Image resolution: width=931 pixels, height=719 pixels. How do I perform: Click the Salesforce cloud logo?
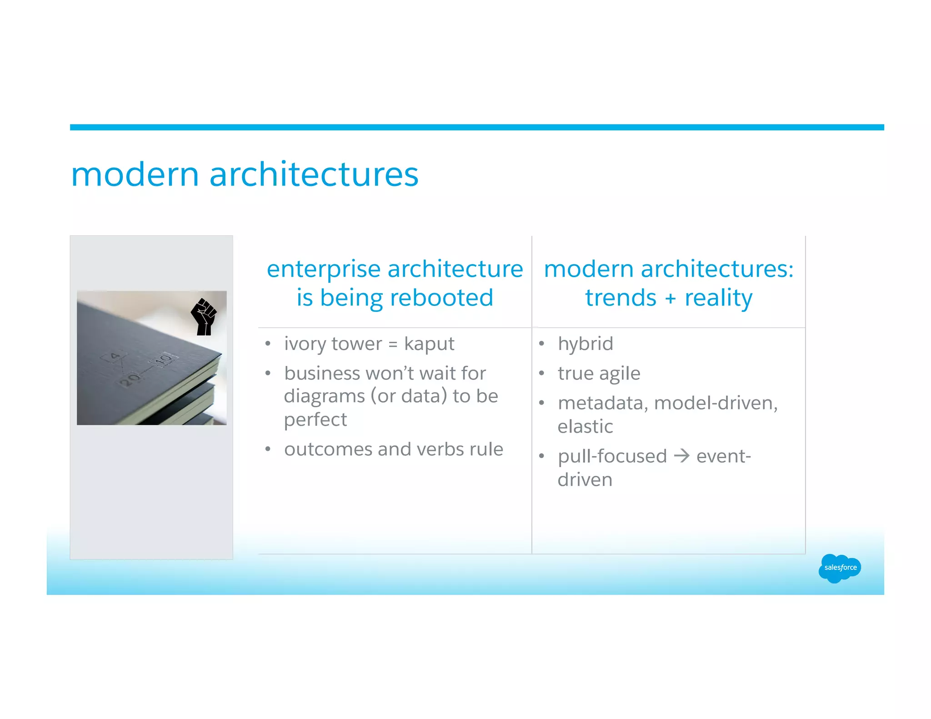tap(840, 568)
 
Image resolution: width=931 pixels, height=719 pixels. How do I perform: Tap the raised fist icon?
tap(203, 317)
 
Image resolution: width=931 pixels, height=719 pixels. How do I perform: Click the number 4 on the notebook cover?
tap(115, 356)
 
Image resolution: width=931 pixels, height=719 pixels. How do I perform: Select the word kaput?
tap(429, 344)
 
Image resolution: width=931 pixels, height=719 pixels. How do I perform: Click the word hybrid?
tap(585, 344)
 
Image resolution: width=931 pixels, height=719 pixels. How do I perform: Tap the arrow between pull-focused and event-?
tap(681, 456)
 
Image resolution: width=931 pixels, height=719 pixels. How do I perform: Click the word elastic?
tap(585, 427)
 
